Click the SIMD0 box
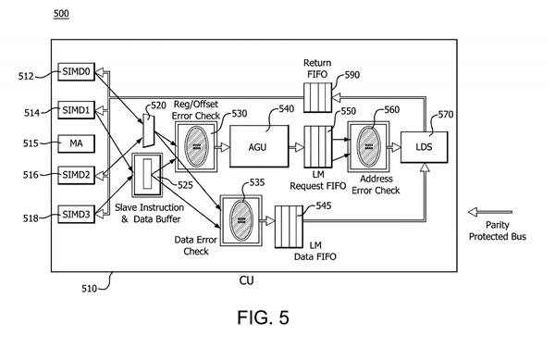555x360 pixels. tap(77, 72)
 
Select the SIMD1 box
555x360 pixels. tap(77, 110)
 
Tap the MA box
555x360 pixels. tap(77, 143)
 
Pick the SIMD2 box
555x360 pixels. tap(77, 175)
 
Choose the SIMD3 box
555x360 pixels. tap(77, 214)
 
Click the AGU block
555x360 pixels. tap(259, 146)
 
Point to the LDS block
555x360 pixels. tap(424, 147)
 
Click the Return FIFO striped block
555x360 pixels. tap(318, 97)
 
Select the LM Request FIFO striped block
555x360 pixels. tap(318, 146)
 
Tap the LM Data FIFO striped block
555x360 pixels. tap(289, 227)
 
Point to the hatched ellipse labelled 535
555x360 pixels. tap(241, 220)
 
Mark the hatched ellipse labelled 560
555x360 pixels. tap(369, 146)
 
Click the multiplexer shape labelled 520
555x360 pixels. tap(149, 130)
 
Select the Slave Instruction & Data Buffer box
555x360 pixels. tap(147, 175)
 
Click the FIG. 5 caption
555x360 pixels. tap(263, 317)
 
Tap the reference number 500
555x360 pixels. tap(61, 14)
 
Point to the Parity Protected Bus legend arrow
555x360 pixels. tap(490, 212)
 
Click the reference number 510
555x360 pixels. tap(89, 289)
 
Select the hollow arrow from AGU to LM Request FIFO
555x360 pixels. tap(297, 147)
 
